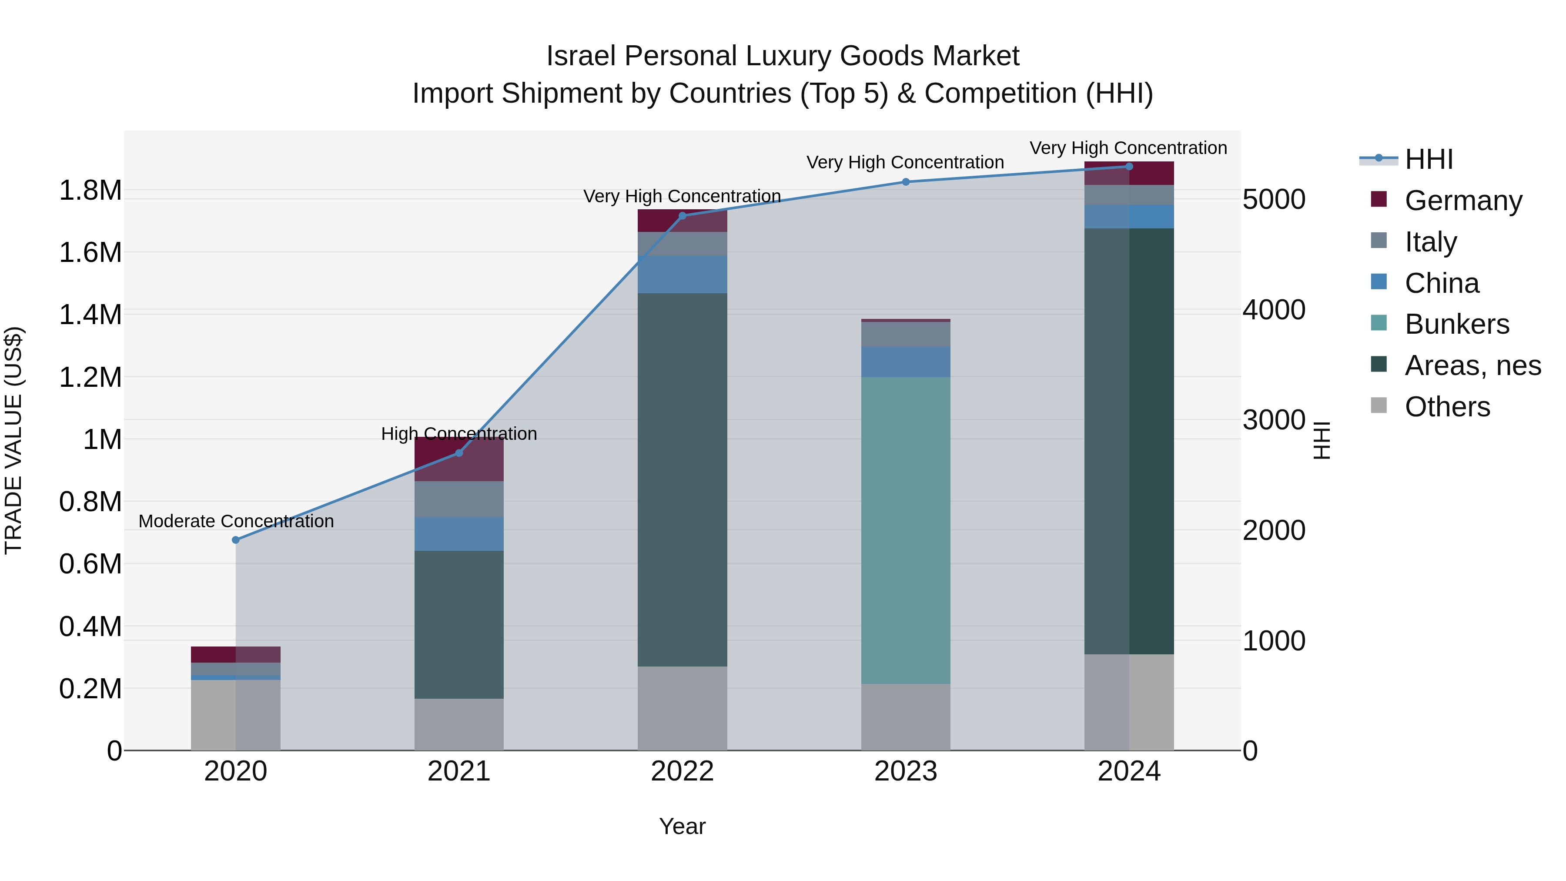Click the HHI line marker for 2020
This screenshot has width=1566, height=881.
[236, 540]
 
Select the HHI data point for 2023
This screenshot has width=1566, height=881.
[906, 182]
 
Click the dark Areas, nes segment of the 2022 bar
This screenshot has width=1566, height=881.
[682, 480]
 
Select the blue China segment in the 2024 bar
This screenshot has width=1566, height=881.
[1129, 217]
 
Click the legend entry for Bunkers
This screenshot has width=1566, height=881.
[1456, 324]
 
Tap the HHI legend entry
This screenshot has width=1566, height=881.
[1429, 159]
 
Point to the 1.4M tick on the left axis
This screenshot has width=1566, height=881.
[90, 315]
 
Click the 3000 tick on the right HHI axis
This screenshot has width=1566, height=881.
[1274, 420]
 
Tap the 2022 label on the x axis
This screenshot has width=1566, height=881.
[682, 771]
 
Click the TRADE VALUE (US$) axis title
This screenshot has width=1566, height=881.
[13, 440]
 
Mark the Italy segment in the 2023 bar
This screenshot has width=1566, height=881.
[906, 335]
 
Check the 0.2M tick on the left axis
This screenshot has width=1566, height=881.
[90, 689]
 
